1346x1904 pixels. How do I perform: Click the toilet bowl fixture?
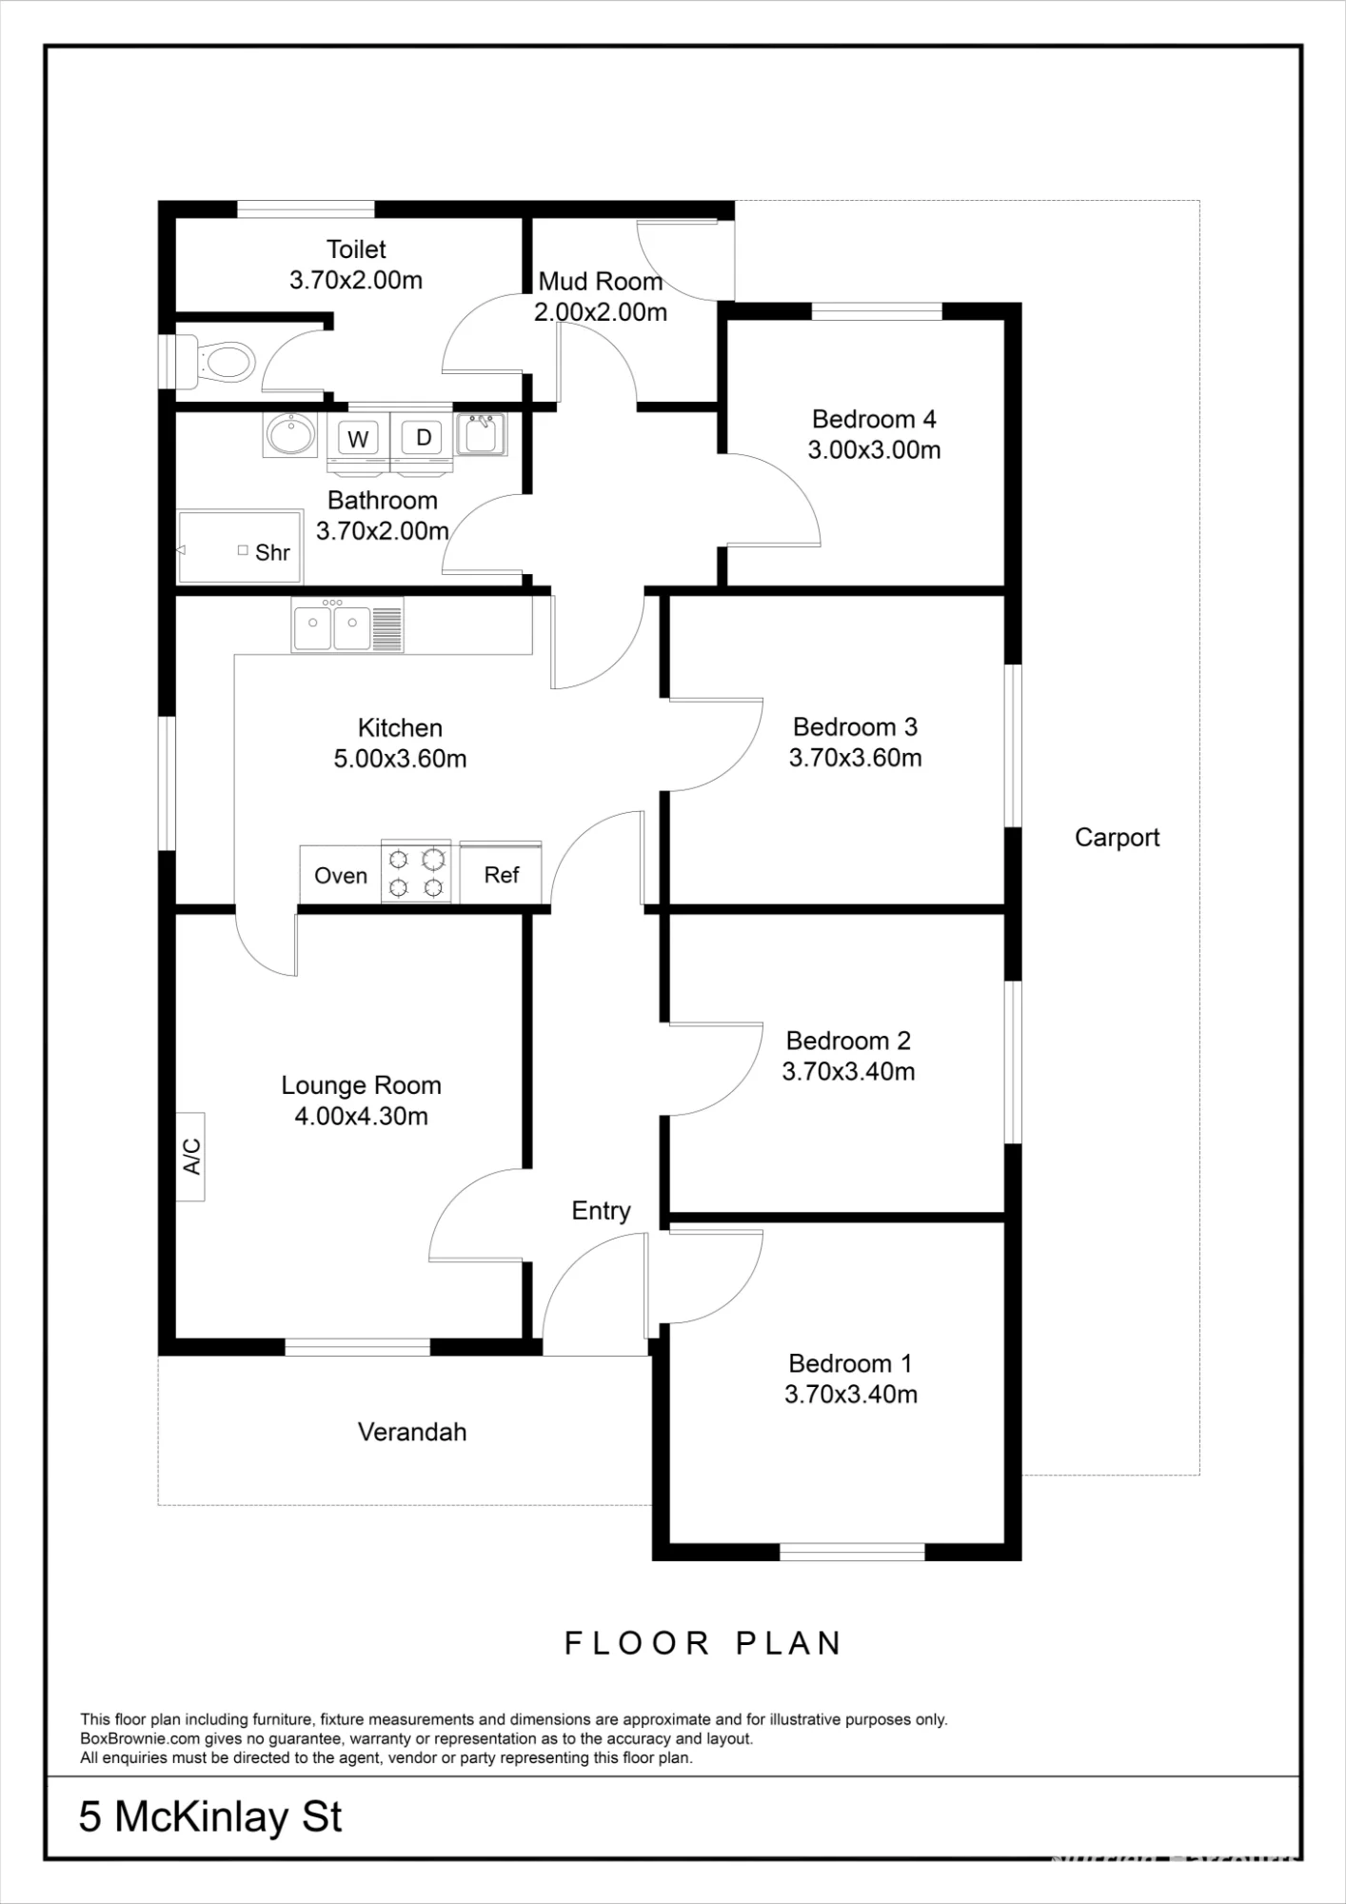point(214,361)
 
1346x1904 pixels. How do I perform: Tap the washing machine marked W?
point(358,439)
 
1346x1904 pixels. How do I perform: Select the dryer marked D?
point(424,438)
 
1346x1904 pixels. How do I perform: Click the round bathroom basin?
point(290,434)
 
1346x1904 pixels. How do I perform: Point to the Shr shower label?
point(272,552)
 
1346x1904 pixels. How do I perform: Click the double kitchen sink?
point(347,625)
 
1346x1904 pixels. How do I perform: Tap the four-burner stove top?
point(416,872)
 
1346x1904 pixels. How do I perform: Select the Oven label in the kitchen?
point(341,876)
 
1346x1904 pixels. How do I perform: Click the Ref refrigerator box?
point(501,873)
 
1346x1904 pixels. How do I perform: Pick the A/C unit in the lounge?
point(190,1156)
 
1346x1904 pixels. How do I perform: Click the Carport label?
point(1117,838)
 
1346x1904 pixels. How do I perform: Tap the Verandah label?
point(412,1432)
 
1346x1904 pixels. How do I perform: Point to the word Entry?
point(601,1211)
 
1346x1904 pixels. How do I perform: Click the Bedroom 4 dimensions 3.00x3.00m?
point(874,450)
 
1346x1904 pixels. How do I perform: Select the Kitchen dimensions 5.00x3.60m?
point(400,759)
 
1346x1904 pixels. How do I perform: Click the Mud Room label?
point(601,281)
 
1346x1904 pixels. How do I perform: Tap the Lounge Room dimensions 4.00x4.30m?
point(361,1116)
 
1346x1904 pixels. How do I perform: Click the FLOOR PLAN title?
point(703,1643)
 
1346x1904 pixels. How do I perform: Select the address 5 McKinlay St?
point(210,1817)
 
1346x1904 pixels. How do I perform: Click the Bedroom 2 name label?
point(848,1041)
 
